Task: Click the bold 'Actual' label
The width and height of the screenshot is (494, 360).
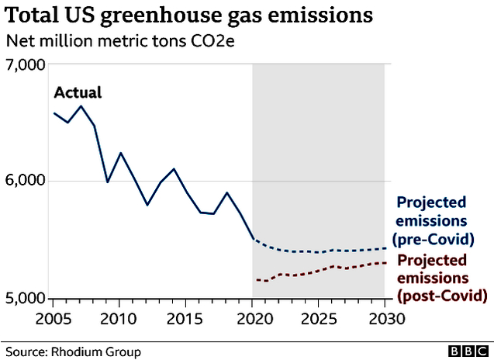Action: [x=77, y=94]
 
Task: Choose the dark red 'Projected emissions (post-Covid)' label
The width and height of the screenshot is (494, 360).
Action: [x=442, y=277]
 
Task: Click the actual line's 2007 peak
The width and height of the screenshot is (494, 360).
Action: [x=80, y=106]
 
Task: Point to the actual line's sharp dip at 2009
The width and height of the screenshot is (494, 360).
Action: [x=107, y=182]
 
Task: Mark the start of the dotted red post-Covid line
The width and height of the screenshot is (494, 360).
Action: [x=254, y=279]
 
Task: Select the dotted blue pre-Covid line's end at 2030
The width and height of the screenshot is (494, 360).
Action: [x=385, y=248]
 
